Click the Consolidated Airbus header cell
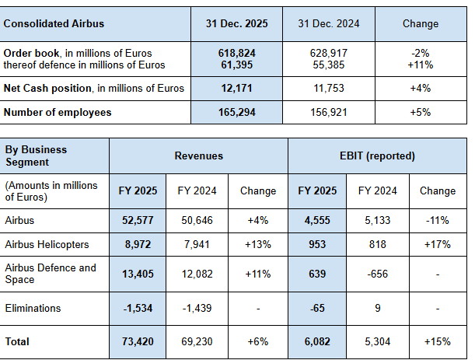tap(54, 24)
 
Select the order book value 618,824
tap(237, 52)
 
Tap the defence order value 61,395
tap(237, 64)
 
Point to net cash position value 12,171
tap(237, 88)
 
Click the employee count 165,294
tap(237, 113)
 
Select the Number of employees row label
tap(58, 113)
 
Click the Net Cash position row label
tap(94, 88)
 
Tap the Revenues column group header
tap(198, 156)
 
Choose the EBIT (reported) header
tap(377, 156)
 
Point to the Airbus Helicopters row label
tap(47, 244)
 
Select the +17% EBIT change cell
tap(437, 244)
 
